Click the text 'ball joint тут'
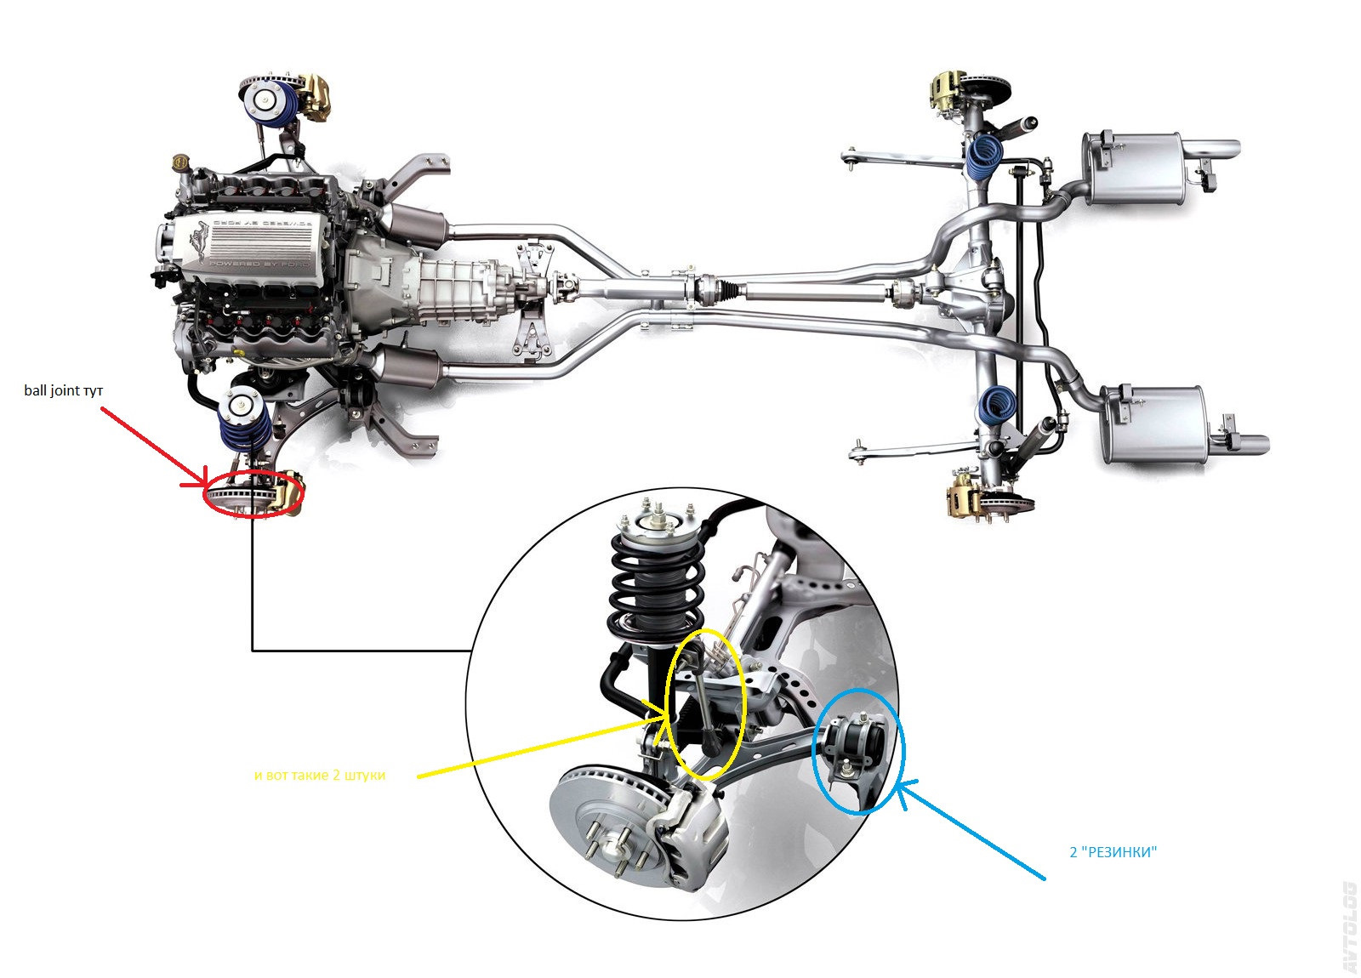coord(64,390)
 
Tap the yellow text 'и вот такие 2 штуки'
coord(320,776)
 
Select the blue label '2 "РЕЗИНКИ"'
coord(1113,852)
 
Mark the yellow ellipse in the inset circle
coord(707,704)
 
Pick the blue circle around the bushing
coord(858,751)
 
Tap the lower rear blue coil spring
coord(998,407)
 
